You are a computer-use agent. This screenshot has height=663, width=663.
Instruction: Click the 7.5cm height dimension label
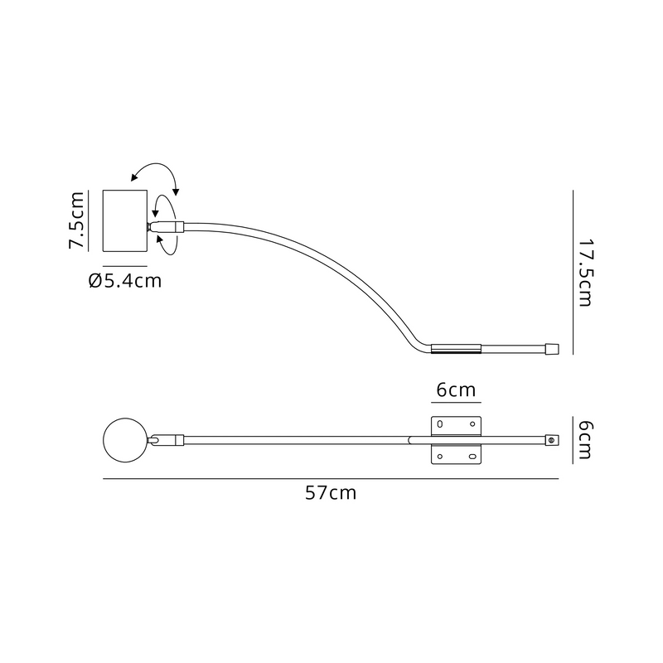coord(76,220)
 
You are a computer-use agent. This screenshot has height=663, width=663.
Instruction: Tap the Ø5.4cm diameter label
coord(124,281)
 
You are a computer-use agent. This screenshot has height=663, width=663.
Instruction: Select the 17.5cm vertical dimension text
coord(585,273)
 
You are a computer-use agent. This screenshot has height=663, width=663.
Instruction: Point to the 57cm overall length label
coord(331,493)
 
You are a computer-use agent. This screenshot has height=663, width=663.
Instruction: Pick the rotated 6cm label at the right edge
coord(585,440)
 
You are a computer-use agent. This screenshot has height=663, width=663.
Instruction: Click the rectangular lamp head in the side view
coord(124,220)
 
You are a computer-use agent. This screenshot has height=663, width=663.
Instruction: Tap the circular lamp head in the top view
coord(124,440)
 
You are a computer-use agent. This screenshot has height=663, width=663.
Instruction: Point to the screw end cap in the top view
coord(550,440)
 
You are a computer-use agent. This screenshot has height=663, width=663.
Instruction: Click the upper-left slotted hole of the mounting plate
coord(440,424)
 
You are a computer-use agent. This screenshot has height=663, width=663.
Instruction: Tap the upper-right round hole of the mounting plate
coord(472,424)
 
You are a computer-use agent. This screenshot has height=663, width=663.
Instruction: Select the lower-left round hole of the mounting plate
coord(440,456)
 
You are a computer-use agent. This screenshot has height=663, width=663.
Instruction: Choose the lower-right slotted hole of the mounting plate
coord(472,456)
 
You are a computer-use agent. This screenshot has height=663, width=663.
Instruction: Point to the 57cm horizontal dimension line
coord(331,479)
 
